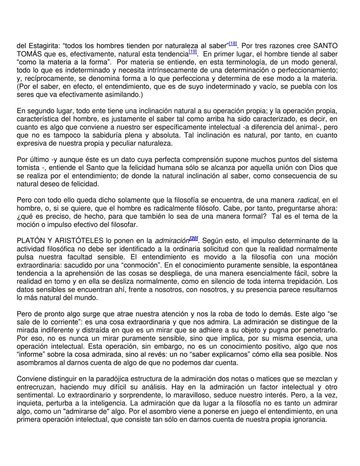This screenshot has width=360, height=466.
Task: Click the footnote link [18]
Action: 233,44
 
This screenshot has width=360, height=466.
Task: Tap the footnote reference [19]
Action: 193,52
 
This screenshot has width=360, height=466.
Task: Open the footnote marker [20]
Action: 194,239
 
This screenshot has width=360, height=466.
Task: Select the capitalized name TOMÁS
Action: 29,54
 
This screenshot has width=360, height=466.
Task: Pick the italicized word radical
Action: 308,200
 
